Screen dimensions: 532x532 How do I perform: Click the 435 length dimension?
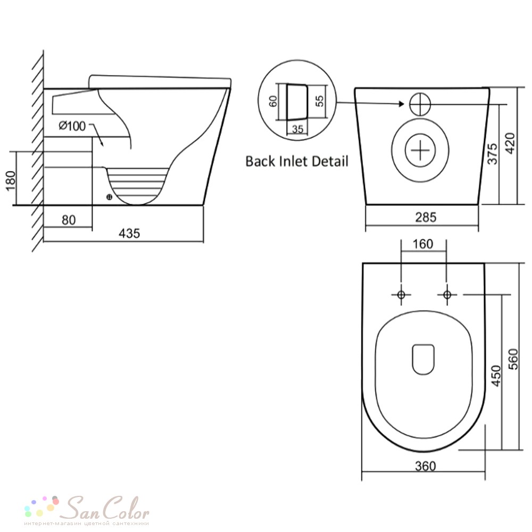coord(129,234)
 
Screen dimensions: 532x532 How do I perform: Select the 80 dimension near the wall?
coord(69,220)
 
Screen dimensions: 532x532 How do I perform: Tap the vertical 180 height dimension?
coord(11,181)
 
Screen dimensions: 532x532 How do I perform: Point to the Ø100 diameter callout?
coord(72,126)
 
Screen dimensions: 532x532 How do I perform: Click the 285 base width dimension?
coord(426,217)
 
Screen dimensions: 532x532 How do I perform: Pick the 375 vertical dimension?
coord(492,154)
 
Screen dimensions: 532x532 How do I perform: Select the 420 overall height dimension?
coord(510,143)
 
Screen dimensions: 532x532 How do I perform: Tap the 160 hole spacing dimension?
coord(423,244)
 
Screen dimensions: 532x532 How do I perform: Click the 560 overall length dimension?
coord(513,359)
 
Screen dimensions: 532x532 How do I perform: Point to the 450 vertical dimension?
coord(496,376)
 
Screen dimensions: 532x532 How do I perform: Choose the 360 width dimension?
coord(425,466)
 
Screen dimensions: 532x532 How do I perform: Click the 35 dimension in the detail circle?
coord(297,129)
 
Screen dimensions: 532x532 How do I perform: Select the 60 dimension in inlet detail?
coord(273,101)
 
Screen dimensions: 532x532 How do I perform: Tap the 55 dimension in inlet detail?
coord(320,101)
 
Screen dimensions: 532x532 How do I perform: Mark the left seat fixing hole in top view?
coord(401,295)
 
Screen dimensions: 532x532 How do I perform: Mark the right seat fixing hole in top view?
coord(447,295)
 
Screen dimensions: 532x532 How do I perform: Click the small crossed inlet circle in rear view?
coord(420,104)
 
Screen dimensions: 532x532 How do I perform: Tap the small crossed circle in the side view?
coord(109,197)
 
